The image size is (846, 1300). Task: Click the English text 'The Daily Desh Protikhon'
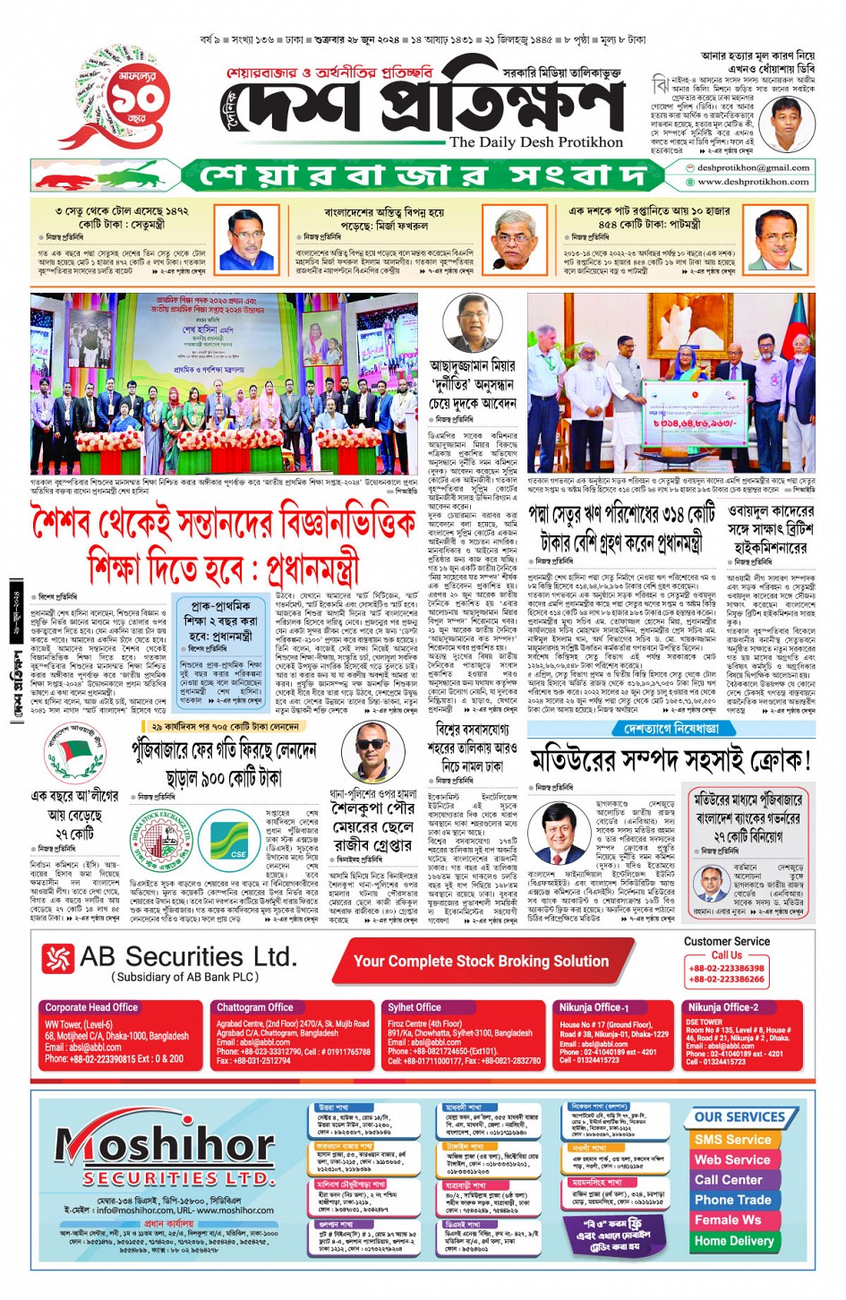coord(536,141)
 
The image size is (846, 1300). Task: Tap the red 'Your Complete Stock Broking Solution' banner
coord(481,961)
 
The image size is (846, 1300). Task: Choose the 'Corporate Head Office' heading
coord(91,1007)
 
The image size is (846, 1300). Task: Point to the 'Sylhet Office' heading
coord(414,1007)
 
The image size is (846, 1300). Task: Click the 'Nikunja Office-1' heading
coord(594,1007)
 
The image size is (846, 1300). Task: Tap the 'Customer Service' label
coord(726,941)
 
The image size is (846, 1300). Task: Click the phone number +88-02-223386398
coord(726,968)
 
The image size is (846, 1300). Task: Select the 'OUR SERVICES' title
coord(739,1116)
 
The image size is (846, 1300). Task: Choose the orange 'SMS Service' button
coord(732,1140)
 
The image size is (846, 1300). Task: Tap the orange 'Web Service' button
coord(732,1159)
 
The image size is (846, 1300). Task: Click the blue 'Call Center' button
coord(729,1180)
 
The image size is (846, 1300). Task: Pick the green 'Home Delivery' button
coord(733,1241)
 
